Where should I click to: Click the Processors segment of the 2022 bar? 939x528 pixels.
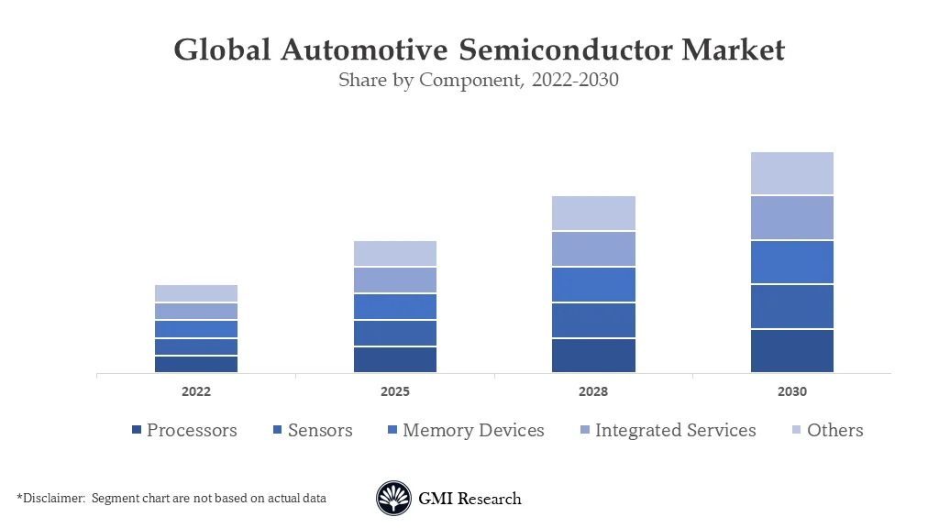[196, 364]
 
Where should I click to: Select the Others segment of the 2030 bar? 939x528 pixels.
[791, 173]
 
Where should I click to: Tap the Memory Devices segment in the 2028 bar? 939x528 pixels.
[593, 284]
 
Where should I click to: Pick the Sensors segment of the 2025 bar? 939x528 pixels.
[394, 333]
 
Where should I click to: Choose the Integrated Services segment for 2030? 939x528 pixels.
[791, 218]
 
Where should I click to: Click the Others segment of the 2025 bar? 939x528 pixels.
[394, 254]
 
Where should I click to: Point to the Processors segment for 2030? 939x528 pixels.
[791, 350]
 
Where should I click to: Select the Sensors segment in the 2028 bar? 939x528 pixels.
[593, 320]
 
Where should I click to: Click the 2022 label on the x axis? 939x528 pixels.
[196, 391]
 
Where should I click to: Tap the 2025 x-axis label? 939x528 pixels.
[394, 391]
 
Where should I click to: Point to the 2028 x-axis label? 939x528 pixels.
[593, 391]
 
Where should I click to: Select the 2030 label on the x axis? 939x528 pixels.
[791, 391]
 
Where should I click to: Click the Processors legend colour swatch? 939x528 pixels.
[137, 431]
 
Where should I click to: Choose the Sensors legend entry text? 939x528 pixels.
[319, 430]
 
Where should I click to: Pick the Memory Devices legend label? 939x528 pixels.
[473, 430]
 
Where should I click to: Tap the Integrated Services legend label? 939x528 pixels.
[675, 430]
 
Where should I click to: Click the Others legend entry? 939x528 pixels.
[834, 430]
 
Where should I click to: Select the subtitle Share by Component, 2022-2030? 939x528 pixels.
[479, 80]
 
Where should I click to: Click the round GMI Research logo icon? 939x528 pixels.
[393, 499]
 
